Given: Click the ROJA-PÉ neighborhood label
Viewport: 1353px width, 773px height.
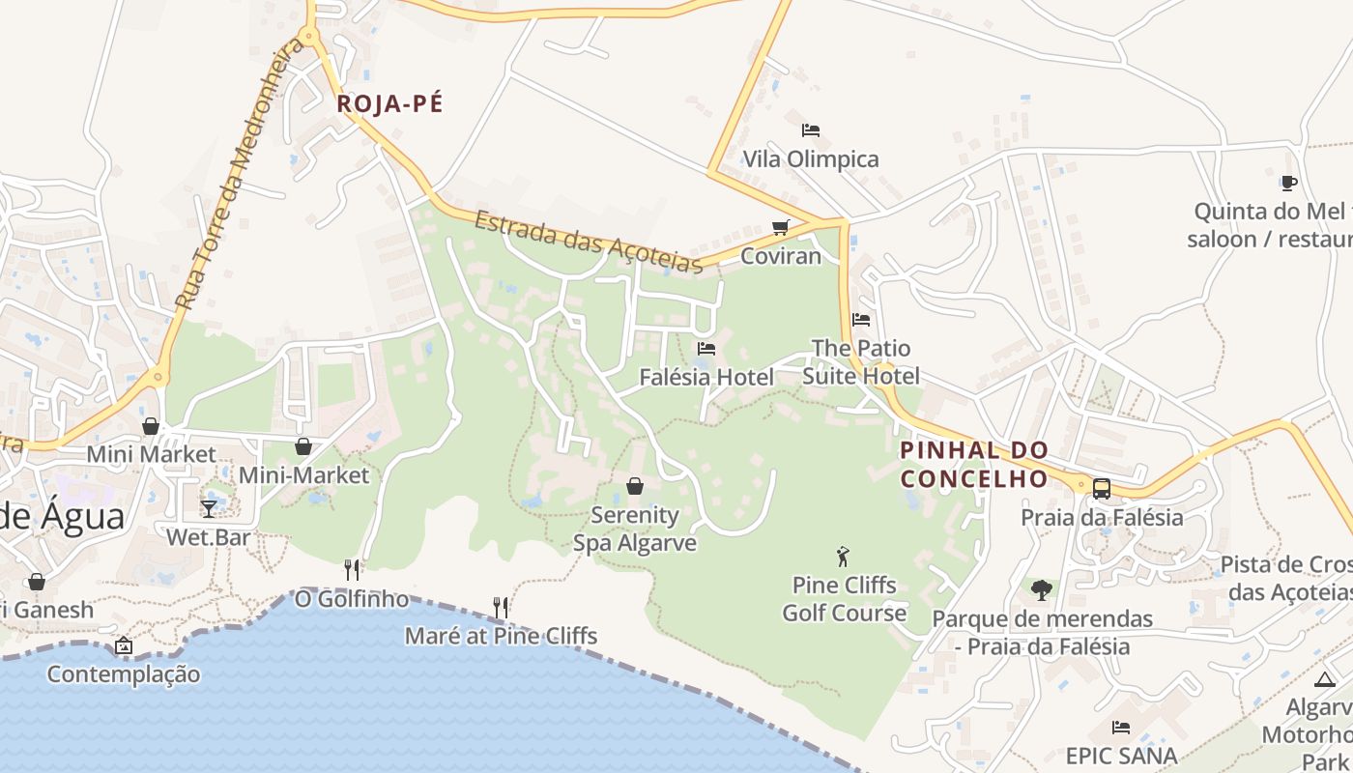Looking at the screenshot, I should click(x=389, y=104).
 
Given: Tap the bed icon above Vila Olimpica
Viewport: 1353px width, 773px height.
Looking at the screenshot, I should click(x=810, y=129).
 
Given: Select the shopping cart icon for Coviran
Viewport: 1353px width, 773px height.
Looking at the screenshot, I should click(x=780, y=228).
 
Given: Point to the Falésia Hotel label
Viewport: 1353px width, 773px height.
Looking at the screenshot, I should click(x=706, y=377).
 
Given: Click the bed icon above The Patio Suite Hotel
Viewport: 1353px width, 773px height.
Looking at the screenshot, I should click(x=861, y=319).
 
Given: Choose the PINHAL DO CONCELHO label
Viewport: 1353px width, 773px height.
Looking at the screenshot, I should click(x=974, y=465).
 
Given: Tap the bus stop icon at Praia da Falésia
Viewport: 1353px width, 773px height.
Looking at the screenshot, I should click(x=1101, y=488).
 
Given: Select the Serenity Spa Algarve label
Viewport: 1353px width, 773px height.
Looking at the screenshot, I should click(x=635, y=529).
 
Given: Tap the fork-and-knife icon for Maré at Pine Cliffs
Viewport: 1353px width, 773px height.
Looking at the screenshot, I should click(x=501, y=607).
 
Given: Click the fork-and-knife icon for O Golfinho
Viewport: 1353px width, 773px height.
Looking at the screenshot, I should click(x=352, y=570).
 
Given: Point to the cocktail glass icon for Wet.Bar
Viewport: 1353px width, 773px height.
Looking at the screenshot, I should click(x=209, y=508).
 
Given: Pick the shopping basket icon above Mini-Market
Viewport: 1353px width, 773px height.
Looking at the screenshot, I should click(x=303, y=446).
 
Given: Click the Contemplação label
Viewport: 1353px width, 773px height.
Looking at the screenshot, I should click(x=124, y=674).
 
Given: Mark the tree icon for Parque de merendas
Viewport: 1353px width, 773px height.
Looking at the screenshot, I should click(x=1041, y=589).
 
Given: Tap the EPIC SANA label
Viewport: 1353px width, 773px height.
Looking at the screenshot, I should click(x=1121, y=756).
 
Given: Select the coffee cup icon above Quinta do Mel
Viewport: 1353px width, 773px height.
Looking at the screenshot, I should click(x=1287, y=183).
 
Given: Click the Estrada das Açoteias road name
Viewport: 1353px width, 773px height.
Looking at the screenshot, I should click(x=588, y=242).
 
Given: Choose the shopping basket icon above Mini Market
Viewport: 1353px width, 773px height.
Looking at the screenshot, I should click(x=151, y=426).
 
